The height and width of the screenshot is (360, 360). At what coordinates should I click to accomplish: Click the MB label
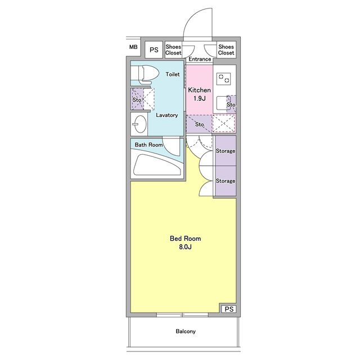(133, 47)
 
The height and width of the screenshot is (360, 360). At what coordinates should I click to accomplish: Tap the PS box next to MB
(154, 49)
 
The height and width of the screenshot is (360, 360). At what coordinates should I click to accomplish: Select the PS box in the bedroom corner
(229, 309)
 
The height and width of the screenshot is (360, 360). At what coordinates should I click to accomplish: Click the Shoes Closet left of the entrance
(173, 49)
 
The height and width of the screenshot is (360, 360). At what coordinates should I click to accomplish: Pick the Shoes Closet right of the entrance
(226, 49)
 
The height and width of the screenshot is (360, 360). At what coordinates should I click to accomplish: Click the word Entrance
(200, 59)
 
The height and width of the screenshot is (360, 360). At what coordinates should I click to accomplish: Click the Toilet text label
(173, 74)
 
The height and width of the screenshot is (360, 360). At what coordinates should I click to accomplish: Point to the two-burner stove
(224, 79)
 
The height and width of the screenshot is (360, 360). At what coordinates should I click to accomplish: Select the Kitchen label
(199, 90)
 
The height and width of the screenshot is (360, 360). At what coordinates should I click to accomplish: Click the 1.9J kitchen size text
(199, 98)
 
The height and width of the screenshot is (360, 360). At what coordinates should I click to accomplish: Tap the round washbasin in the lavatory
(140, 124)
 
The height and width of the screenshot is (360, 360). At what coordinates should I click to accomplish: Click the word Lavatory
(167, 115)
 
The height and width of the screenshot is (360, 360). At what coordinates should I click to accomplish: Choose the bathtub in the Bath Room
(157, 164)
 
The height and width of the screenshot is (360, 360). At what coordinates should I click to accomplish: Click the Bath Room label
(148, 145)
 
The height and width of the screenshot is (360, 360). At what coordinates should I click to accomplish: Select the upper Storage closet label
(226, 151)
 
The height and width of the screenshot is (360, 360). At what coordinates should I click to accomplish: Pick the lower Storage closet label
(226, 181)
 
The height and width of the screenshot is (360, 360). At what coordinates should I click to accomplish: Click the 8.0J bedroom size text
(185, 247)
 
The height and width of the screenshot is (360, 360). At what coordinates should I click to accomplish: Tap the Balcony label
(186, 331)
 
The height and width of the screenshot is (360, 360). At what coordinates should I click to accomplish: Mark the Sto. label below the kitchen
(200, 124)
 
